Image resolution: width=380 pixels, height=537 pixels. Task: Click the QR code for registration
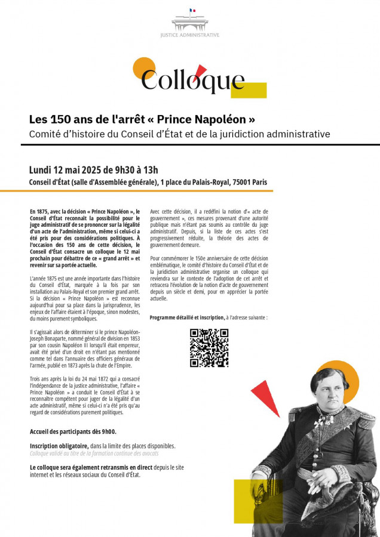(x=209, y=347)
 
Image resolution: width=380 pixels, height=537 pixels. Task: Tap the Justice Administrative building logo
(x=190, y=21)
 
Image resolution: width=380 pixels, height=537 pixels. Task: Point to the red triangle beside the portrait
(x=267, y=396)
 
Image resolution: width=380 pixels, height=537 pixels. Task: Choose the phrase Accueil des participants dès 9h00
(x=73, y=431)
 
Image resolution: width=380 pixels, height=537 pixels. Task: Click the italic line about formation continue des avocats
(x=94, y=453)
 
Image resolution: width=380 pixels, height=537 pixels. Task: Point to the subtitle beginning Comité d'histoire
(x=179, y=134)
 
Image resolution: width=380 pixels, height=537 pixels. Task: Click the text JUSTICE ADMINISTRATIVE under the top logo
(x=190, y=35)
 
